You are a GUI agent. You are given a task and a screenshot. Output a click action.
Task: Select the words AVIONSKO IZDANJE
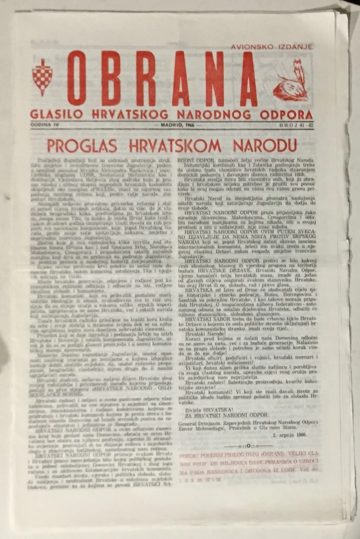[x=272, y=46]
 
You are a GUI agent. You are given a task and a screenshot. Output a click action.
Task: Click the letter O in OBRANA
[x=76, y=78]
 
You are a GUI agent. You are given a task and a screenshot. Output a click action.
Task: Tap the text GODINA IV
[x=42, y=124]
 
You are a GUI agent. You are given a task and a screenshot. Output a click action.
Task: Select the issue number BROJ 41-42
[x=296, y=124]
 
